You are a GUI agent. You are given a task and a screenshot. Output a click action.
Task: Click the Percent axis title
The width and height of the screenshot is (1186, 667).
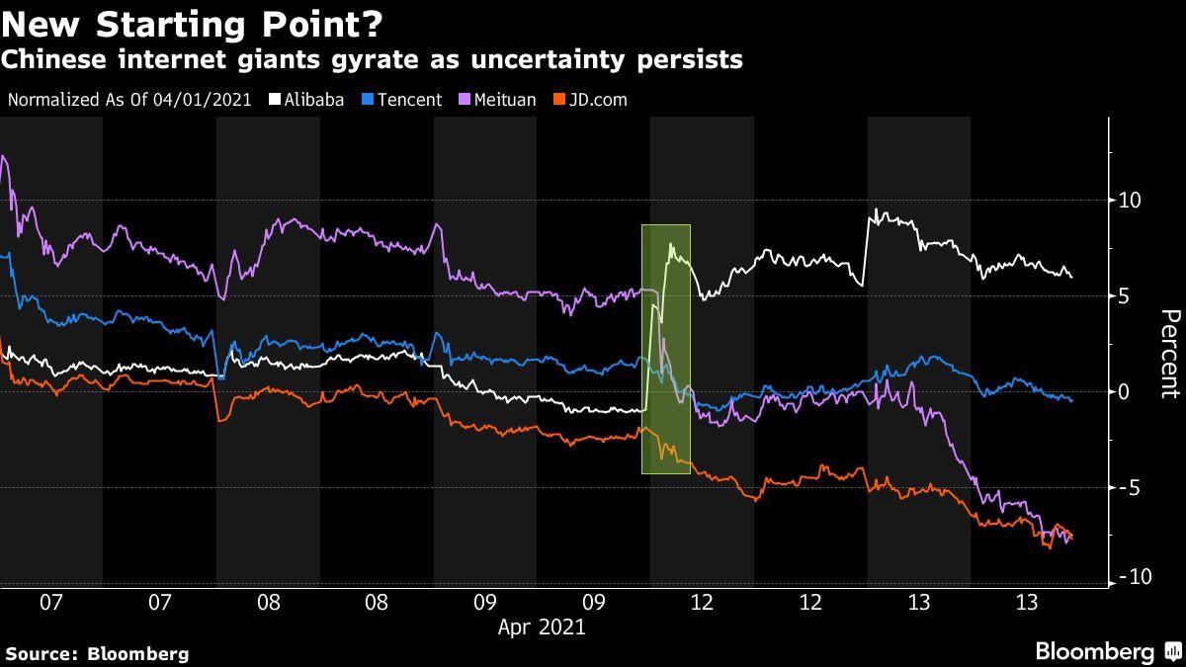(1170, 353)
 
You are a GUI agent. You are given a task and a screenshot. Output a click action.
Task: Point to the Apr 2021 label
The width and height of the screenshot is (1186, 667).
(541, 626)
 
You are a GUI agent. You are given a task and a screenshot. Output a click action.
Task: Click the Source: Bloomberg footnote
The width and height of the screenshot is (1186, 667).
(97, 653)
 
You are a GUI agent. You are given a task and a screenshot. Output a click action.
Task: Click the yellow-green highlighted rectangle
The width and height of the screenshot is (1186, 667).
(665, 349)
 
